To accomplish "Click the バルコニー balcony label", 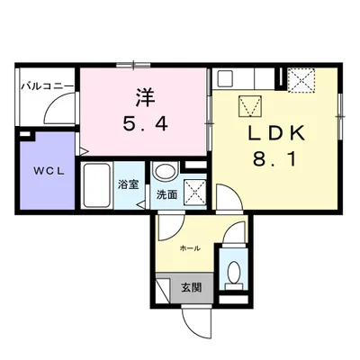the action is pos(47,86).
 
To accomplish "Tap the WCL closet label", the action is pos(49,171).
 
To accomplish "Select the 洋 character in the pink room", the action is pos(145,98).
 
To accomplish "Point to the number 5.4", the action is pos(145,123).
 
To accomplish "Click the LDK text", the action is pos(276,133).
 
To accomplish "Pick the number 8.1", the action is pos(275,158).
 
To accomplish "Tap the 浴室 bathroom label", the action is pos(129,184).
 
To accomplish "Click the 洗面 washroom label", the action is pos(166,195).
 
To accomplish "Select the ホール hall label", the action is pos(190,248).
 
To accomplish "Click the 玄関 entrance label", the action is pos(191,288).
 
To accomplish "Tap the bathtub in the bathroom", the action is pos(96,185).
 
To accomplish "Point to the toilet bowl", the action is pos(234,272).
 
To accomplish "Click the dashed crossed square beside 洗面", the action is pos(194,193).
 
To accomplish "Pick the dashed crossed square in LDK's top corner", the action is pos(301,79).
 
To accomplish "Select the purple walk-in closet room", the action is pos(47,171).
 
